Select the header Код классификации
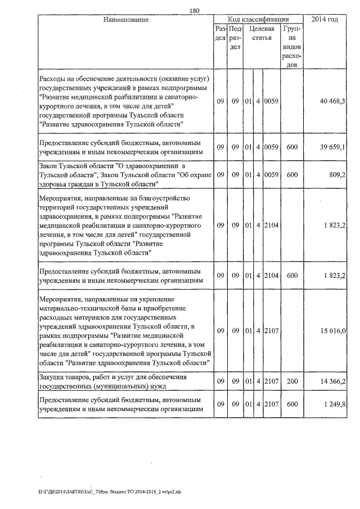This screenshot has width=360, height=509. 259,20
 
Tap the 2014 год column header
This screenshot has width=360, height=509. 328,20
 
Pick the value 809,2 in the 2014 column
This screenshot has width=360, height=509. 336,175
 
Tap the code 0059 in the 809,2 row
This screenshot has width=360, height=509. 271,175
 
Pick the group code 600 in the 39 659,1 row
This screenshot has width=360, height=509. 291,147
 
